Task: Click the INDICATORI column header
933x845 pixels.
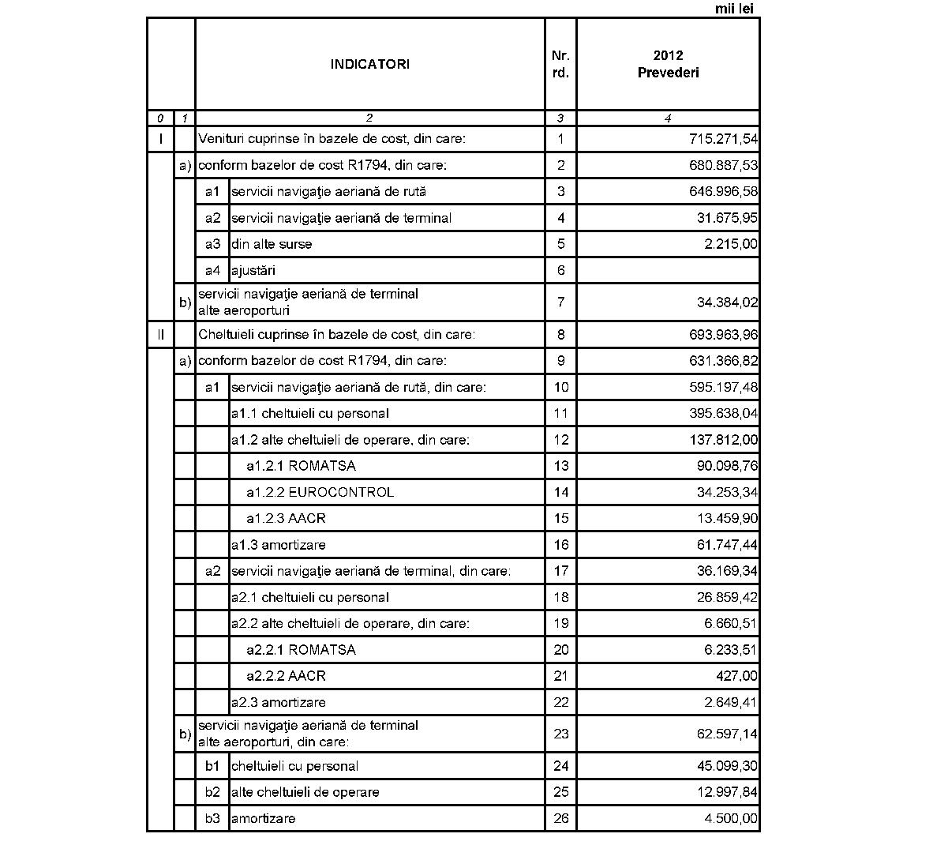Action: [x=369, y=65]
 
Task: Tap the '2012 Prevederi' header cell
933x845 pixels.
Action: [x=668, y=64]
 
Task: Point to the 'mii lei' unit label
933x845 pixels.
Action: [x=734, y=9]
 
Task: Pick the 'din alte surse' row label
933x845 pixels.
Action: [x=272, y=245]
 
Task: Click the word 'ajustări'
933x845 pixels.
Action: [x=253, y=271]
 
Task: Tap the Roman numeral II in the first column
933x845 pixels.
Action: [x=161, y=335]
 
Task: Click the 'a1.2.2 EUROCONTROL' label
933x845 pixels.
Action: [x=320, y=493]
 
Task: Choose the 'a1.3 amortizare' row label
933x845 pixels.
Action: [x=278, y=545]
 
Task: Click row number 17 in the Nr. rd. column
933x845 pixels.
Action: [x=560, y=571]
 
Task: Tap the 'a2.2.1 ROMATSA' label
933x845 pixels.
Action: [x=301, y=650]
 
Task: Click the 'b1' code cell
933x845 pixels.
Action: [x=212, y=766]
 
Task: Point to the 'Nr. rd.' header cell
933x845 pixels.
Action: [x=560, y=64]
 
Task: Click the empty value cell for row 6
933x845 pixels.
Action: [x=668, y=271]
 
